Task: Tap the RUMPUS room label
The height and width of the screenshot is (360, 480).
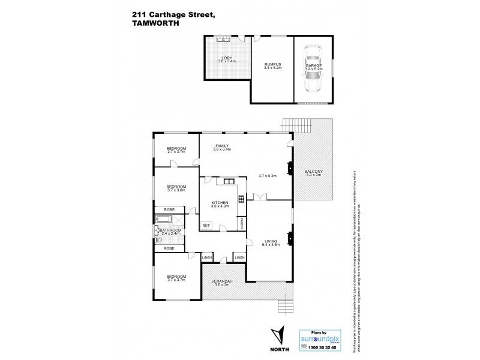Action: click(x=272, y=66)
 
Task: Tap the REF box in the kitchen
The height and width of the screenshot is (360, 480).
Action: click(x=206, y=226)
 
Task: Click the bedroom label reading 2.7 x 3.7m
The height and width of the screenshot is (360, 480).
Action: click(x=176, y=150)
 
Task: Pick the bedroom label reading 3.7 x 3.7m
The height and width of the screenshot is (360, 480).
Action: click(x=176, y=278)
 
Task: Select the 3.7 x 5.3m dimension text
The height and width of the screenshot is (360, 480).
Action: click(x=268, y=176)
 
